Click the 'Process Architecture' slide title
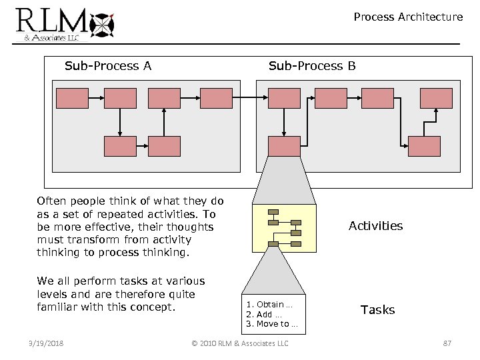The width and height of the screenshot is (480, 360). click(x=408, y=17)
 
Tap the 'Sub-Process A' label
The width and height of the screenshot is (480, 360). click(x=108, y=65)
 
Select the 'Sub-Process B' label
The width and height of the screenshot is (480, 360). click(x=312, y=65)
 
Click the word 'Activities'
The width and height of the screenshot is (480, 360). click(x=375, y=226)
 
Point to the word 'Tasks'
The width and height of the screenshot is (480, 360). click(x=377, y=310)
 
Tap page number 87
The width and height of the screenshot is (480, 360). click(x=447, y=343)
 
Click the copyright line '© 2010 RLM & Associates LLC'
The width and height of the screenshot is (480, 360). click(x=239, y=343)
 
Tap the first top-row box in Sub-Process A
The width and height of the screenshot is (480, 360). click(x=72, y=98)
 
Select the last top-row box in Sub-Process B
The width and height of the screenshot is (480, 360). click(x=436, y=98)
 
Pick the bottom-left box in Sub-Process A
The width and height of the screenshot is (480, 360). click(x=120, y=146)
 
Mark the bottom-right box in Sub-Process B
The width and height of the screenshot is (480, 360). click(x=424, y=146)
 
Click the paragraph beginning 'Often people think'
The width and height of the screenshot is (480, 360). click(x=131, y=227)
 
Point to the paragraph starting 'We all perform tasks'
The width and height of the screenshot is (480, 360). click(x=121, y=294)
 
